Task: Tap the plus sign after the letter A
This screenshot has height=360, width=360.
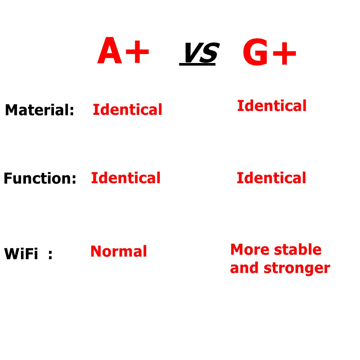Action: [x=137, y=51]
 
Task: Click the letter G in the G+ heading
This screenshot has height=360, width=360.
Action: [x=255, y=52]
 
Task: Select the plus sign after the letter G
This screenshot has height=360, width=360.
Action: [x=284, y=54]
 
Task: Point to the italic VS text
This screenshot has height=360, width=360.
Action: [x=202, y=53]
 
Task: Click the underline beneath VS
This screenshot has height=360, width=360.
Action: [x=197, y=64]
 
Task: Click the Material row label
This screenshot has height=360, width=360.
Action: [x=40, y=110]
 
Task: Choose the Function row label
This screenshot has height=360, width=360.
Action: [x=40, y=178]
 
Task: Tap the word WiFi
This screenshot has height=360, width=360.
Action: [x=21, y=254]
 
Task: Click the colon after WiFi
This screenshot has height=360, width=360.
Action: [x=50, y=255]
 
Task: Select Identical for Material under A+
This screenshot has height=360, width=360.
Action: [x=127, y=109]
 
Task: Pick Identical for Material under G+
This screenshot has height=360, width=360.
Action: [x=272, y=106]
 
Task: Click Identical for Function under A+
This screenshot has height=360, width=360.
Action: [x=126, y=178]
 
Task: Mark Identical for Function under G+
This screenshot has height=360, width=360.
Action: [x=271, y=178]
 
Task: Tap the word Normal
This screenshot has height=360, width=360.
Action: [x=119, y=251]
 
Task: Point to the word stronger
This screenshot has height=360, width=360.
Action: [x=297, y=268]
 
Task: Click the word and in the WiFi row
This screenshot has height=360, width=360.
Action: [x=244, y=268]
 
